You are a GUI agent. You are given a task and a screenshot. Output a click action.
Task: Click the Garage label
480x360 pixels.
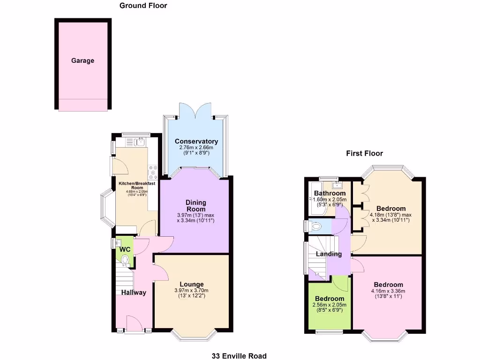click(82, 60)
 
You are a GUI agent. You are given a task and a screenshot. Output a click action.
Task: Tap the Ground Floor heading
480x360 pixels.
click(143, 6)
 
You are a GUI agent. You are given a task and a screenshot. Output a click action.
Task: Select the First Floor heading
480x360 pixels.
click(364, 153)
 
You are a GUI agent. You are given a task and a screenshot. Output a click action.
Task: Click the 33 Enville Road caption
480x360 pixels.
click(239, 356)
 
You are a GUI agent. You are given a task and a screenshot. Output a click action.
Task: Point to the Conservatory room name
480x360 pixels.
click(196, 141)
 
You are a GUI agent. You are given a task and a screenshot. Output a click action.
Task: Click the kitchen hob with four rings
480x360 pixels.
click(152, 173)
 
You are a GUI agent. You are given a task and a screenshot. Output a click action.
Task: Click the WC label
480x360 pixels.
click(124, 249)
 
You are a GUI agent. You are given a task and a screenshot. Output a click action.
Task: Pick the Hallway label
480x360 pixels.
click(134, 292)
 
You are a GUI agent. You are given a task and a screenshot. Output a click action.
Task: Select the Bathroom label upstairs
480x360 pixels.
click(330, 193)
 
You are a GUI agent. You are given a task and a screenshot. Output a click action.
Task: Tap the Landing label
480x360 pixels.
click(328, 254)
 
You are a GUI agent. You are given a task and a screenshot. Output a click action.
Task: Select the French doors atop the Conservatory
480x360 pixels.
click(196, 111)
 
